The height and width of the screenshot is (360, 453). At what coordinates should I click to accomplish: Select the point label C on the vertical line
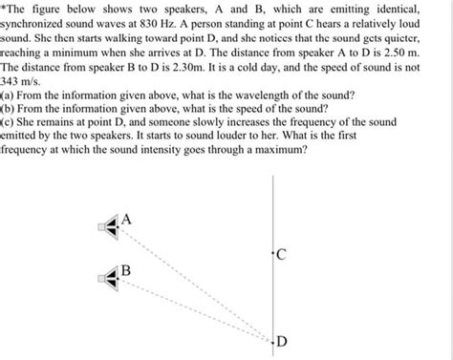tap(280, 254)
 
